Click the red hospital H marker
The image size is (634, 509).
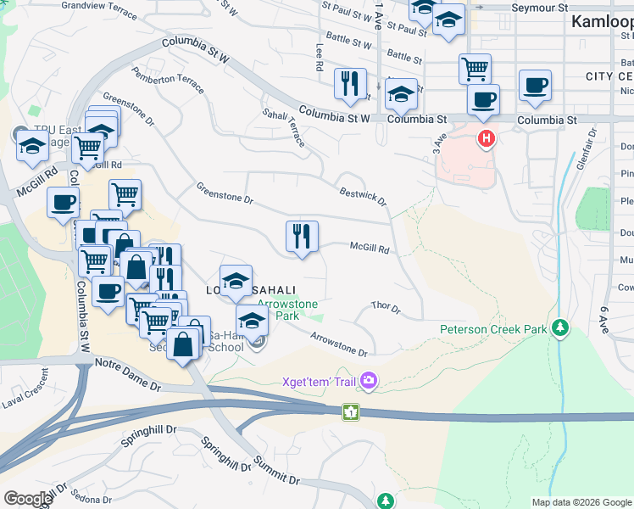point(486,138)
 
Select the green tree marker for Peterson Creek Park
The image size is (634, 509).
point(559,328)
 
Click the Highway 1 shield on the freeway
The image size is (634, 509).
point(349,411)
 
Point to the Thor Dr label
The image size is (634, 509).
point(386,307)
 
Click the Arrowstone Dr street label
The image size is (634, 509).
point(339,344)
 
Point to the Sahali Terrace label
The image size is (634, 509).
point(283,127)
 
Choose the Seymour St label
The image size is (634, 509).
point(539,8)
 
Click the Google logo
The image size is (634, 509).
point(28,499)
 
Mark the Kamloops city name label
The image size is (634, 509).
point(602,22)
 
